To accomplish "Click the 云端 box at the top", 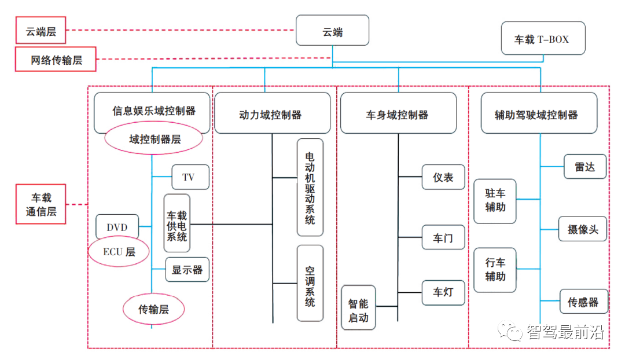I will coord(332,31).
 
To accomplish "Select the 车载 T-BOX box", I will coord(542,39).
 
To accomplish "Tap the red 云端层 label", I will coord(41,30).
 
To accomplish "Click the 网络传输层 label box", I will coord(56,60).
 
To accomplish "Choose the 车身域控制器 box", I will coord(398,115).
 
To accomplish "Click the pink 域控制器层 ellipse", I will coord(153,139).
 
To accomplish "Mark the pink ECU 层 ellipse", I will coord(119,252).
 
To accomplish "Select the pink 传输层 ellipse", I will coord(153,309).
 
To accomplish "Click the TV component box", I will coord(190,177).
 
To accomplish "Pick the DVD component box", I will coord(117,227).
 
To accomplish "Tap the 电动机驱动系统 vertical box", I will coord(310,187).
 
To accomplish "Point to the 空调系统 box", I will coord(310,283).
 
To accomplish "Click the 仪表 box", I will coord(443,178).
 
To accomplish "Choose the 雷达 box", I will coord(585,167).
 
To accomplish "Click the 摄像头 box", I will coord(583,229).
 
